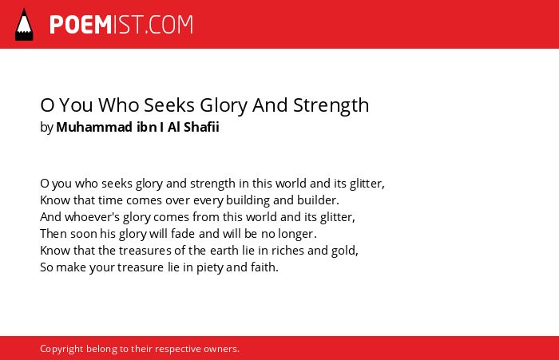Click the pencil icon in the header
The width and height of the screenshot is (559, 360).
(x=24, y=25)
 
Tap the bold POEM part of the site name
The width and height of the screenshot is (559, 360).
(x=81, y=25)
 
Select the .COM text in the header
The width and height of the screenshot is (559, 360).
(x=169, y=25)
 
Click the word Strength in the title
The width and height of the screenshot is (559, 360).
(x=331, y=105)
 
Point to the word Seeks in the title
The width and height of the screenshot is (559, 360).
(x=169, y=105)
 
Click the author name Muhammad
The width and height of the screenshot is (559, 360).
(x=94, y=127)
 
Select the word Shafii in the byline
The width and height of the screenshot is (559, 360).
(x=201, y=127)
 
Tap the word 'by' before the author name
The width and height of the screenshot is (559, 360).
(x=46, y=128)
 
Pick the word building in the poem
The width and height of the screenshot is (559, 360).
(x=248, y=200)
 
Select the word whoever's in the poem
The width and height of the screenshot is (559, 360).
(x=92, y=217)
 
